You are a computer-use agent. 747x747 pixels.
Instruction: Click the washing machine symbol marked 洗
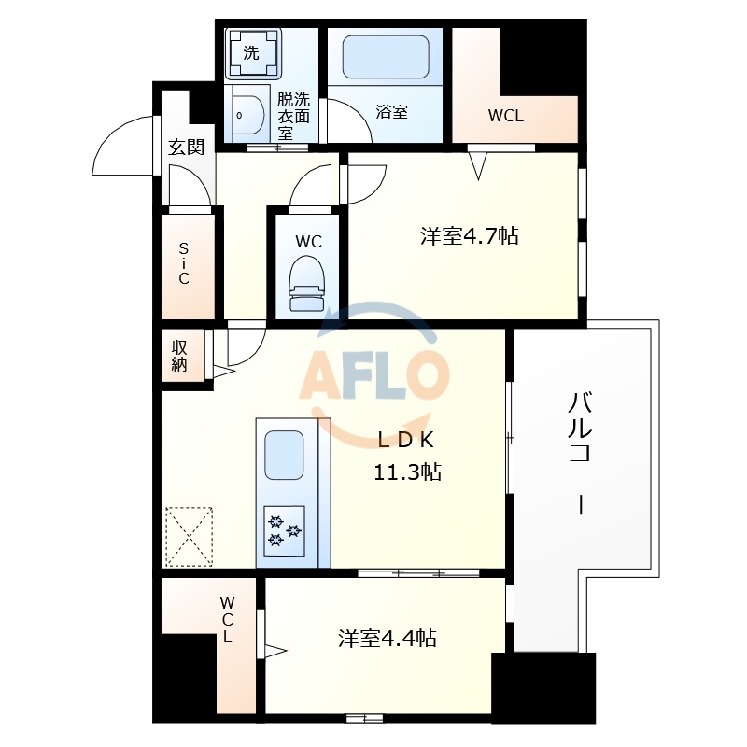coord(252,53)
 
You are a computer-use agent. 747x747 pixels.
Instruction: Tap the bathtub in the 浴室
coord(386,59)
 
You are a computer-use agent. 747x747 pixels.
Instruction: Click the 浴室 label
coord(391,112)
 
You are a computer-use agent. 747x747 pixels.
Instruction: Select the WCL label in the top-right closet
coord(506,117)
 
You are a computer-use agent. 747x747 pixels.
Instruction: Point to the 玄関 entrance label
coord(186,147)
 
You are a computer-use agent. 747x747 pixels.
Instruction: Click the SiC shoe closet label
coord(184,264)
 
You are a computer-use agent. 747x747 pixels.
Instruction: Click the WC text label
coord(308,242)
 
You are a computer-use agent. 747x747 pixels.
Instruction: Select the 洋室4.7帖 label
coord(469,237)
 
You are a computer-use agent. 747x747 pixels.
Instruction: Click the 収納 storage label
coord(179,355)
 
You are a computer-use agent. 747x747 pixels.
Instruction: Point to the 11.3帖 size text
coord(407,472)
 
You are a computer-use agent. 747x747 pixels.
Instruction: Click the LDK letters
coord(407,440)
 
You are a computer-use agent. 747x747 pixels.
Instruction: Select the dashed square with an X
coord(189,537)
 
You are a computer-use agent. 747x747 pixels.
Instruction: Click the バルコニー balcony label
coord(580,455)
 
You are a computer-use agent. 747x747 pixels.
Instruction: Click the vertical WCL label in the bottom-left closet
coord(227,619)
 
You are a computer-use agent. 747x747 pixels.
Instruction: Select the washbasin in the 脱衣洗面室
coord(247,116)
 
